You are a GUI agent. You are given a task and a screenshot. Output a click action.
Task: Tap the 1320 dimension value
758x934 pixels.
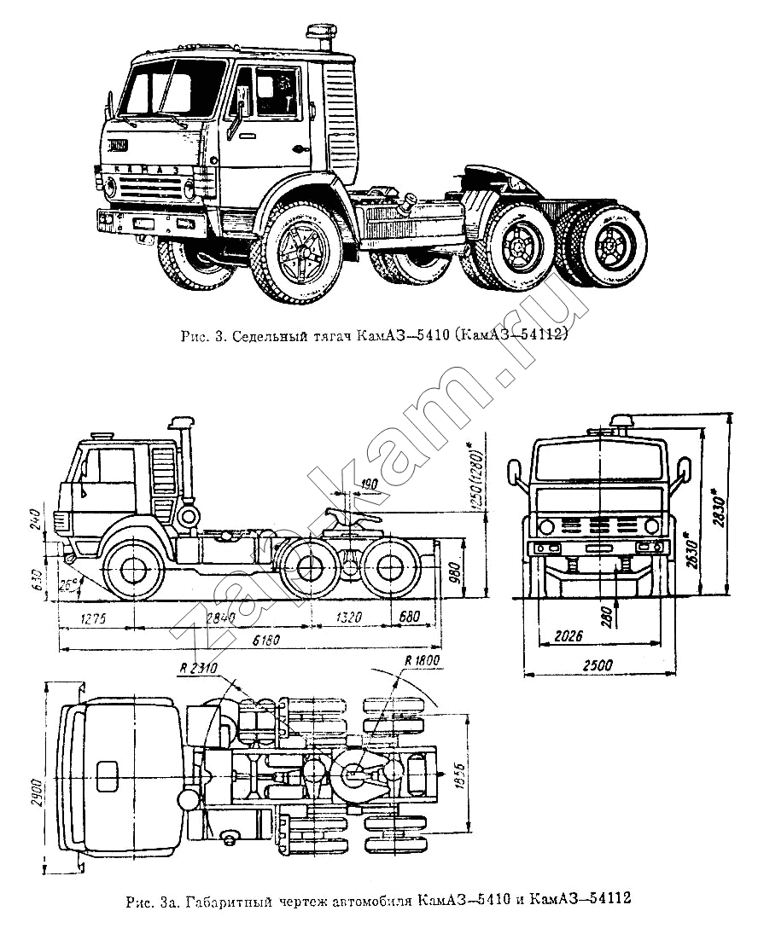[x=345, y=618]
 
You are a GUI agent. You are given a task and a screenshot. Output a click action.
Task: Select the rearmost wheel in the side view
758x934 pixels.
[x=392, y=569]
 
